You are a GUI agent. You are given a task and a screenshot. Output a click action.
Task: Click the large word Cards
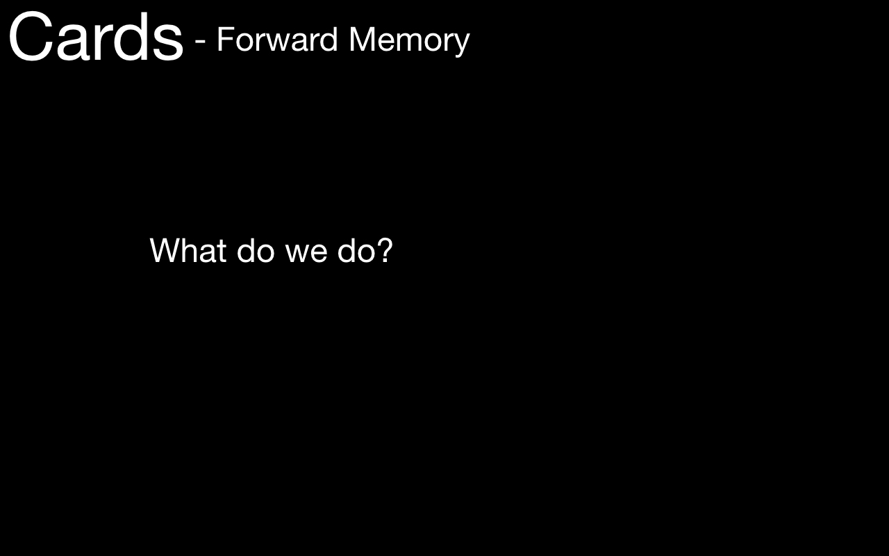click(x=96, y=37)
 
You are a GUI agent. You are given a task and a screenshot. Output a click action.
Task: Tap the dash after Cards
click(x=200, y=41)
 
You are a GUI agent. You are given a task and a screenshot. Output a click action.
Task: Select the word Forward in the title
click(x=277, y=40)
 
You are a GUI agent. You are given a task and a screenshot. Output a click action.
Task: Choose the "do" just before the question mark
click(x=356, y=251)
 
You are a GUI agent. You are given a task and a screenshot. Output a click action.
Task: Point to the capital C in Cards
click(x=31, y=37)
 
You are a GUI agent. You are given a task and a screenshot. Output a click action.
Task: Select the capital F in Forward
click(x=225, y=40)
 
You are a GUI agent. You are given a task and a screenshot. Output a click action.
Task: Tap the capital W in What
click(x=166, y=251)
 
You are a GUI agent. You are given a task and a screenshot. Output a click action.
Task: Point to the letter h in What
click(x=192, y=250)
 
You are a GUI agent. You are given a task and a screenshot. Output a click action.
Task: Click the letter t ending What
click(x=222, y=252)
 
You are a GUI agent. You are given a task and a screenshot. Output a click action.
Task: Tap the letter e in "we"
click(x=318, y=254)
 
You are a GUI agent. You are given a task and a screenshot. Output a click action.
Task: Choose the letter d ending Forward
click(x=328, y=40)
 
